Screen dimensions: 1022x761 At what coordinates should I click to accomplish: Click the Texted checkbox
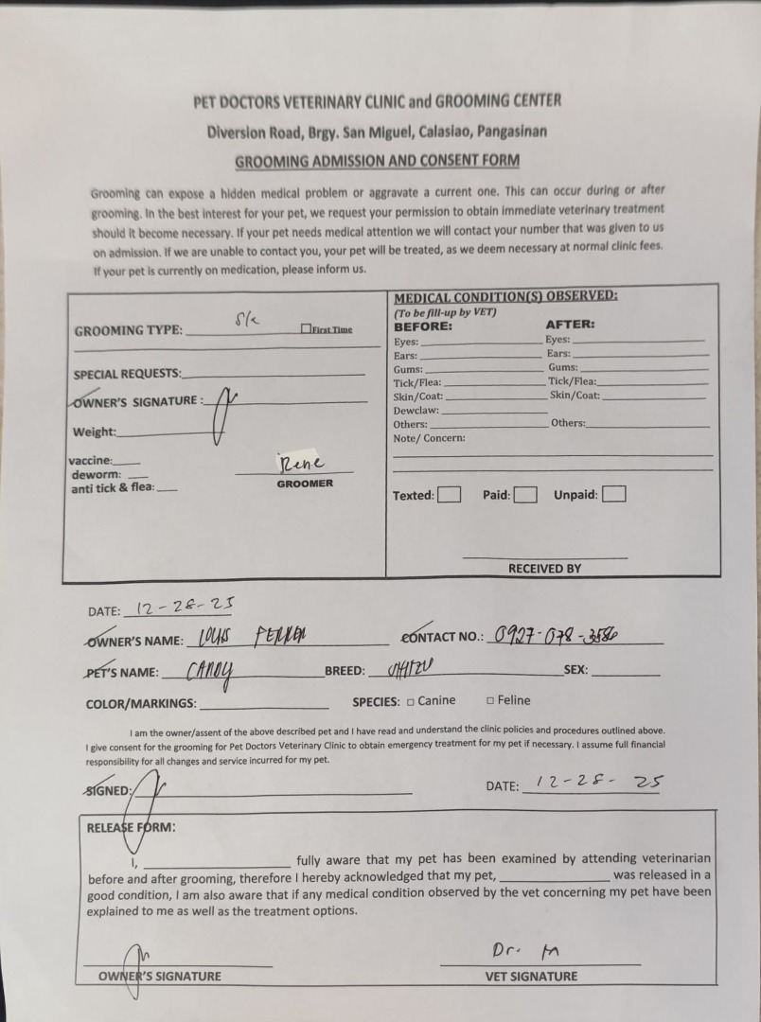tap(450, 495)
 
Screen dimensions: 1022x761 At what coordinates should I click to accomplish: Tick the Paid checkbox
tap(525, 495)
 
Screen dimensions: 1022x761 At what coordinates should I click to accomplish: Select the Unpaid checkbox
tap(613, 495)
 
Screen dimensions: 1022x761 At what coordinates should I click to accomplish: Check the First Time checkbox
tap(305, 329)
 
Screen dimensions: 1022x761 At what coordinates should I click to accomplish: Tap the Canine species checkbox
tap(411, 701)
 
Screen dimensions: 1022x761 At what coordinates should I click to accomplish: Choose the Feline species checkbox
tap(491, 701)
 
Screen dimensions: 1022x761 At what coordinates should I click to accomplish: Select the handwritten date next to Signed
tap(598, 784)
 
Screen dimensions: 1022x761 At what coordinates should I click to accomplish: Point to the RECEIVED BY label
tap(544, 569)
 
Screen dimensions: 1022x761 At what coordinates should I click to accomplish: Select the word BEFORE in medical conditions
tap(423, 325)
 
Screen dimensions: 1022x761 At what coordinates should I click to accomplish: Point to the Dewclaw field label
tap(416, 410)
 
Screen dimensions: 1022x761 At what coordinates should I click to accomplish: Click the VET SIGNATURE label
tap(531, 976)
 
